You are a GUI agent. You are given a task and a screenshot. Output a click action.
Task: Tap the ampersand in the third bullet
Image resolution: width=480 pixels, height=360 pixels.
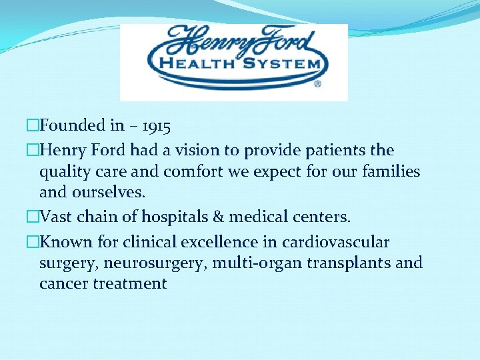pyautogui.click(x=216, y=217)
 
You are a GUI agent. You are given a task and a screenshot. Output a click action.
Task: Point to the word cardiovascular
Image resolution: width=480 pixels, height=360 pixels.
pyautogui.click(x=336, y=242)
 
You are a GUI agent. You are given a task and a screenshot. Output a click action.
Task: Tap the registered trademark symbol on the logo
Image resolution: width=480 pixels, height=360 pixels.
pyautogui.click(x=317, y=85)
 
